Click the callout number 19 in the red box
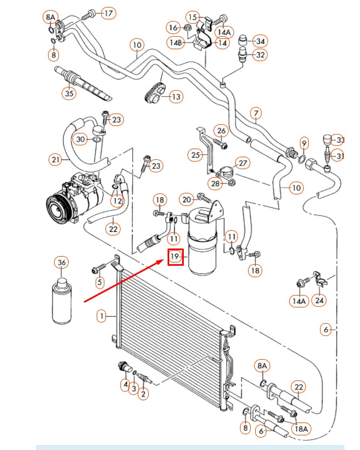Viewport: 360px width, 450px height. pos(176,256)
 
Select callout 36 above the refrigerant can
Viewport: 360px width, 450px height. pos(62,263)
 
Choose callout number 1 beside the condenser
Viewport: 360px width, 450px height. pos(101,316)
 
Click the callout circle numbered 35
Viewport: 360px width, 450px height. pos(69,93)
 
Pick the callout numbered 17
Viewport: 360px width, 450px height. pos(109,13)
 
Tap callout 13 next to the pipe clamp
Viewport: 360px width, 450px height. pos(176,97)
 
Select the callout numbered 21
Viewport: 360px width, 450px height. pos(55,159)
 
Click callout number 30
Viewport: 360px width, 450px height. pos(81,139)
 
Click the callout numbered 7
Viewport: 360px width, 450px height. pos(256,113)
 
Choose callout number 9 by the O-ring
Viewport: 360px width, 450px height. pos(304,144)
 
